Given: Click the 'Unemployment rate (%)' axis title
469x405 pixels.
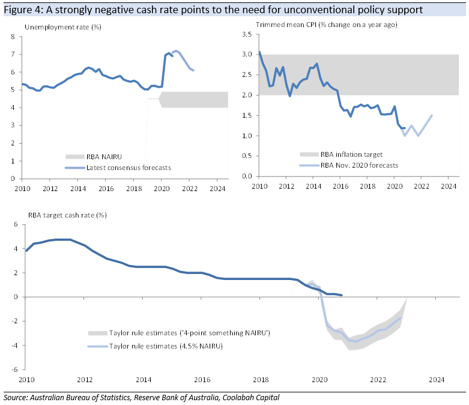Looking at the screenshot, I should (62, 28).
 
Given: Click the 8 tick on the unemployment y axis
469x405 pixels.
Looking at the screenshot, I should (13, 37).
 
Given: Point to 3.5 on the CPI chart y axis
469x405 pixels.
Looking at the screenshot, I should (246, 34).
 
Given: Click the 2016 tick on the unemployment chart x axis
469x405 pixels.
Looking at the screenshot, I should (106, 187).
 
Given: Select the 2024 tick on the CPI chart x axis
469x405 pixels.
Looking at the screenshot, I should (449, 186).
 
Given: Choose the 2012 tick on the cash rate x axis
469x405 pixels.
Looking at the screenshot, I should (85, 380).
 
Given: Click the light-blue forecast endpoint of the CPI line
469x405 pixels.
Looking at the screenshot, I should (432, 115).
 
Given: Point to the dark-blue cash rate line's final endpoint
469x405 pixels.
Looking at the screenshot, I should (342, 295).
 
